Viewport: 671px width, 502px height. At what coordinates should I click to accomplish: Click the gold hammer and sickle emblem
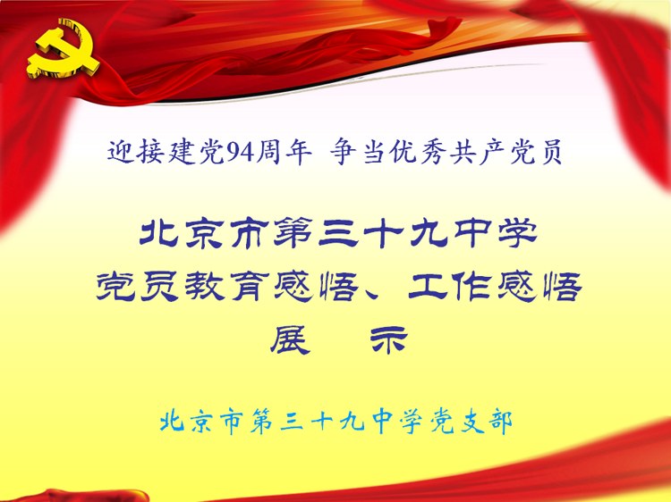[x=64, y=49]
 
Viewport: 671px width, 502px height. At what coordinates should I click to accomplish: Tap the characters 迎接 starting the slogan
[x=135, y=152]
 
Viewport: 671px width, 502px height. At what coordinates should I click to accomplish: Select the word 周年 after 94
[x=284, y=152]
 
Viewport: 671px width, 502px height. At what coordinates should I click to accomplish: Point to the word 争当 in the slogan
[x=357, y=152]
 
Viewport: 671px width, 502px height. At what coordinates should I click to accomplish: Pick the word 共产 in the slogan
[x=477, y=152]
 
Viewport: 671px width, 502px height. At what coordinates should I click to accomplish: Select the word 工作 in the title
[x=450, y=286]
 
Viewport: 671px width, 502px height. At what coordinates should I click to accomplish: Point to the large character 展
[x=290, y=339]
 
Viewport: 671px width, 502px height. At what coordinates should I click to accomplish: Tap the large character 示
[x=388, y=339]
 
